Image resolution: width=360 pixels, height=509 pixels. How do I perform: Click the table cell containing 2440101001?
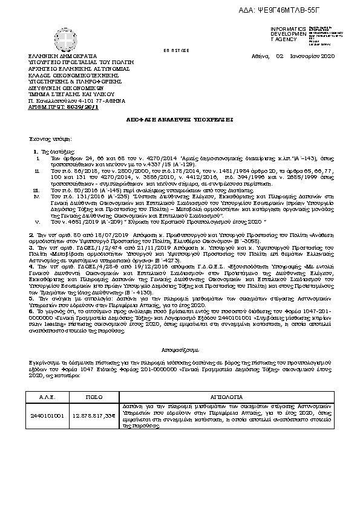47,417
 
